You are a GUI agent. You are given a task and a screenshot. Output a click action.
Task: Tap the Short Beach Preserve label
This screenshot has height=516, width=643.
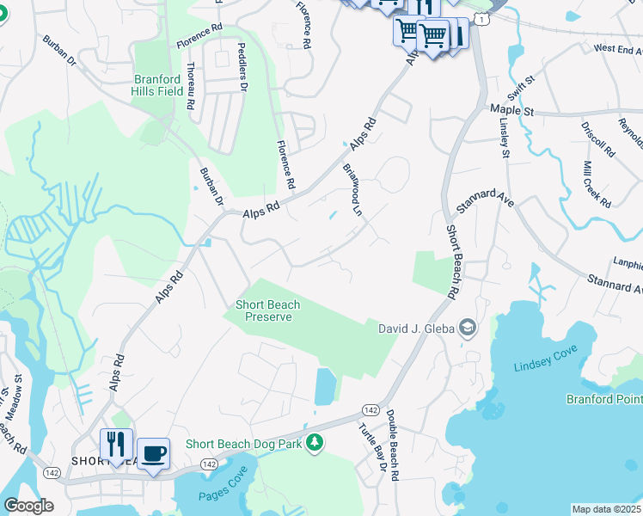point(264,310)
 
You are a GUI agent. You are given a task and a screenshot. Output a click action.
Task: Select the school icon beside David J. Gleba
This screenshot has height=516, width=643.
point(467,327)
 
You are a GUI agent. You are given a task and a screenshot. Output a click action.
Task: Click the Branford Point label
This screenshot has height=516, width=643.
point(603,399)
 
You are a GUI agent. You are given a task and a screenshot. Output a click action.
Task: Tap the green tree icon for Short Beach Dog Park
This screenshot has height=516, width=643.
point(315,443)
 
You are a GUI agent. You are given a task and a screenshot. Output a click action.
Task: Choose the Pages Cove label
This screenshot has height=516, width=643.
point(224,495)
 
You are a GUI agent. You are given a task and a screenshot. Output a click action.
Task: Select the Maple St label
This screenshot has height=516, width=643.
point(512,111)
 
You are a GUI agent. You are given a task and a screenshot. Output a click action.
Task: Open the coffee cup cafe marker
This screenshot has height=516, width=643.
point(153,454)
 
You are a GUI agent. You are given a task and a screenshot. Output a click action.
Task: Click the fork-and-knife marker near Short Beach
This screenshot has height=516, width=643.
point(116,445)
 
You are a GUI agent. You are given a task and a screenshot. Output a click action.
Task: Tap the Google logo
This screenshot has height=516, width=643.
point(28,506)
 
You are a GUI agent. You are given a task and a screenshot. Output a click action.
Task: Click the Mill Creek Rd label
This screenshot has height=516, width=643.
point(596,184)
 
